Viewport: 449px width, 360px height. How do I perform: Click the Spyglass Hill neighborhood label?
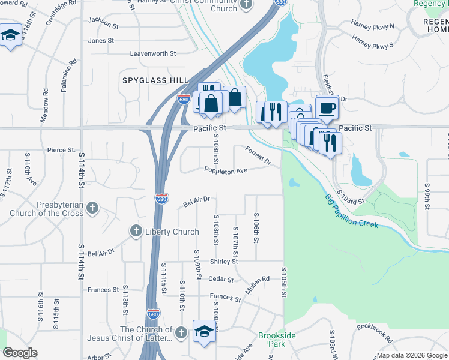(155, 80)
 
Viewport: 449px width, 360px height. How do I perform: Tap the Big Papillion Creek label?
(352, 211)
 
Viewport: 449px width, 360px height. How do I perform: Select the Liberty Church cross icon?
(136, 231)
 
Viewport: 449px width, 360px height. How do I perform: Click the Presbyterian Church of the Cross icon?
(92, 208)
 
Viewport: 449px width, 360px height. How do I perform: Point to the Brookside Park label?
(276, 340)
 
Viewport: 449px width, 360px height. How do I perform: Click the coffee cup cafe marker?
(327, 107)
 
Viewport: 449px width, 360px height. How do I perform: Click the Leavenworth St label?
(153, 53)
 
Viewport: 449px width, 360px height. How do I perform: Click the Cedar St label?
(220, 278)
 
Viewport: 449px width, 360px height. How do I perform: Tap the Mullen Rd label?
(258, 281)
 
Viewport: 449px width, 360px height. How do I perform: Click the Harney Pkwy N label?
(373, 26)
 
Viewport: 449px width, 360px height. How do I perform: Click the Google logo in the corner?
(20, 353)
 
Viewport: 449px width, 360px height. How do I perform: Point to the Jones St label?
(101, 41)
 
